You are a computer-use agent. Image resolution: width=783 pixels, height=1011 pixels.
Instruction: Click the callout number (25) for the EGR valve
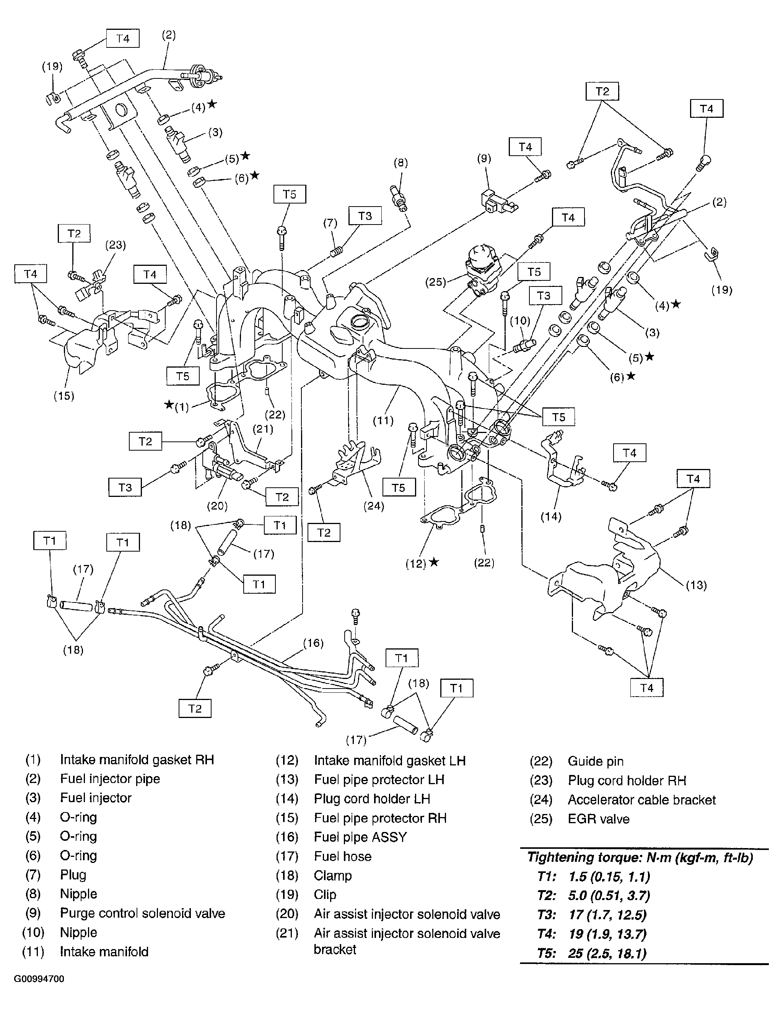coord(435,282)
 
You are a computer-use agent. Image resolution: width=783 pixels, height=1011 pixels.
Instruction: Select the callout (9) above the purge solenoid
coord(483,159)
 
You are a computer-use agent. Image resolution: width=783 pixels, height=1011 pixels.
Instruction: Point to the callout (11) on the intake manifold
coord(383,421)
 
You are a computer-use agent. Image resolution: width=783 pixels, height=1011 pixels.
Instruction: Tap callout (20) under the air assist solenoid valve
coord(217,506)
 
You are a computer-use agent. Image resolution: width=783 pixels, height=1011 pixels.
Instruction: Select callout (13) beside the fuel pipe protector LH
coord(696,585)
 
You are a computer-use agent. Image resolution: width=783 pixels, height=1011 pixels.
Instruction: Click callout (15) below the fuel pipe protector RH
coord(64,396)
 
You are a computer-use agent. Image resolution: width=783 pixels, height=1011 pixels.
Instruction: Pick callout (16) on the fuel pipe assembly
coord(313,643)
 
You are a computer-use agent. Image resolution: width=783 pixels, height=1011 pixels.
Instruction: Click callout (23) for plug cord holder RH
coord(115,245)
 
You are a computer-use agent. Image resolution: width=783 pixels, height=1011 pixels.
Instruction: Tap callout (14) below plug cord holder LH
coord(551,517)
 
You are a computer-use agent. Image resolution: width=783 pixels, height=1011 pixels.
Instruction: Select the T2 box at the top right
coord(602,92)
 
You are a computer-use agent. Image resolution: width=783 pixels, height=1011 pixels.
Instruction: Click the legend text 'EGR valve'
coord(598,819)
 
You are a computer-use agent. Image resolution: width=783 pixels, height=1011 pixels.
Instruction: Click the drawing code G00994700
coord(39,979)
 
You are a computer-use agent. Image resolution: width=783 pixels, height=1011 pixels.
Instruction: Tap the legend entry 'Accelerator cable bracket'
coord(641,800)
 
